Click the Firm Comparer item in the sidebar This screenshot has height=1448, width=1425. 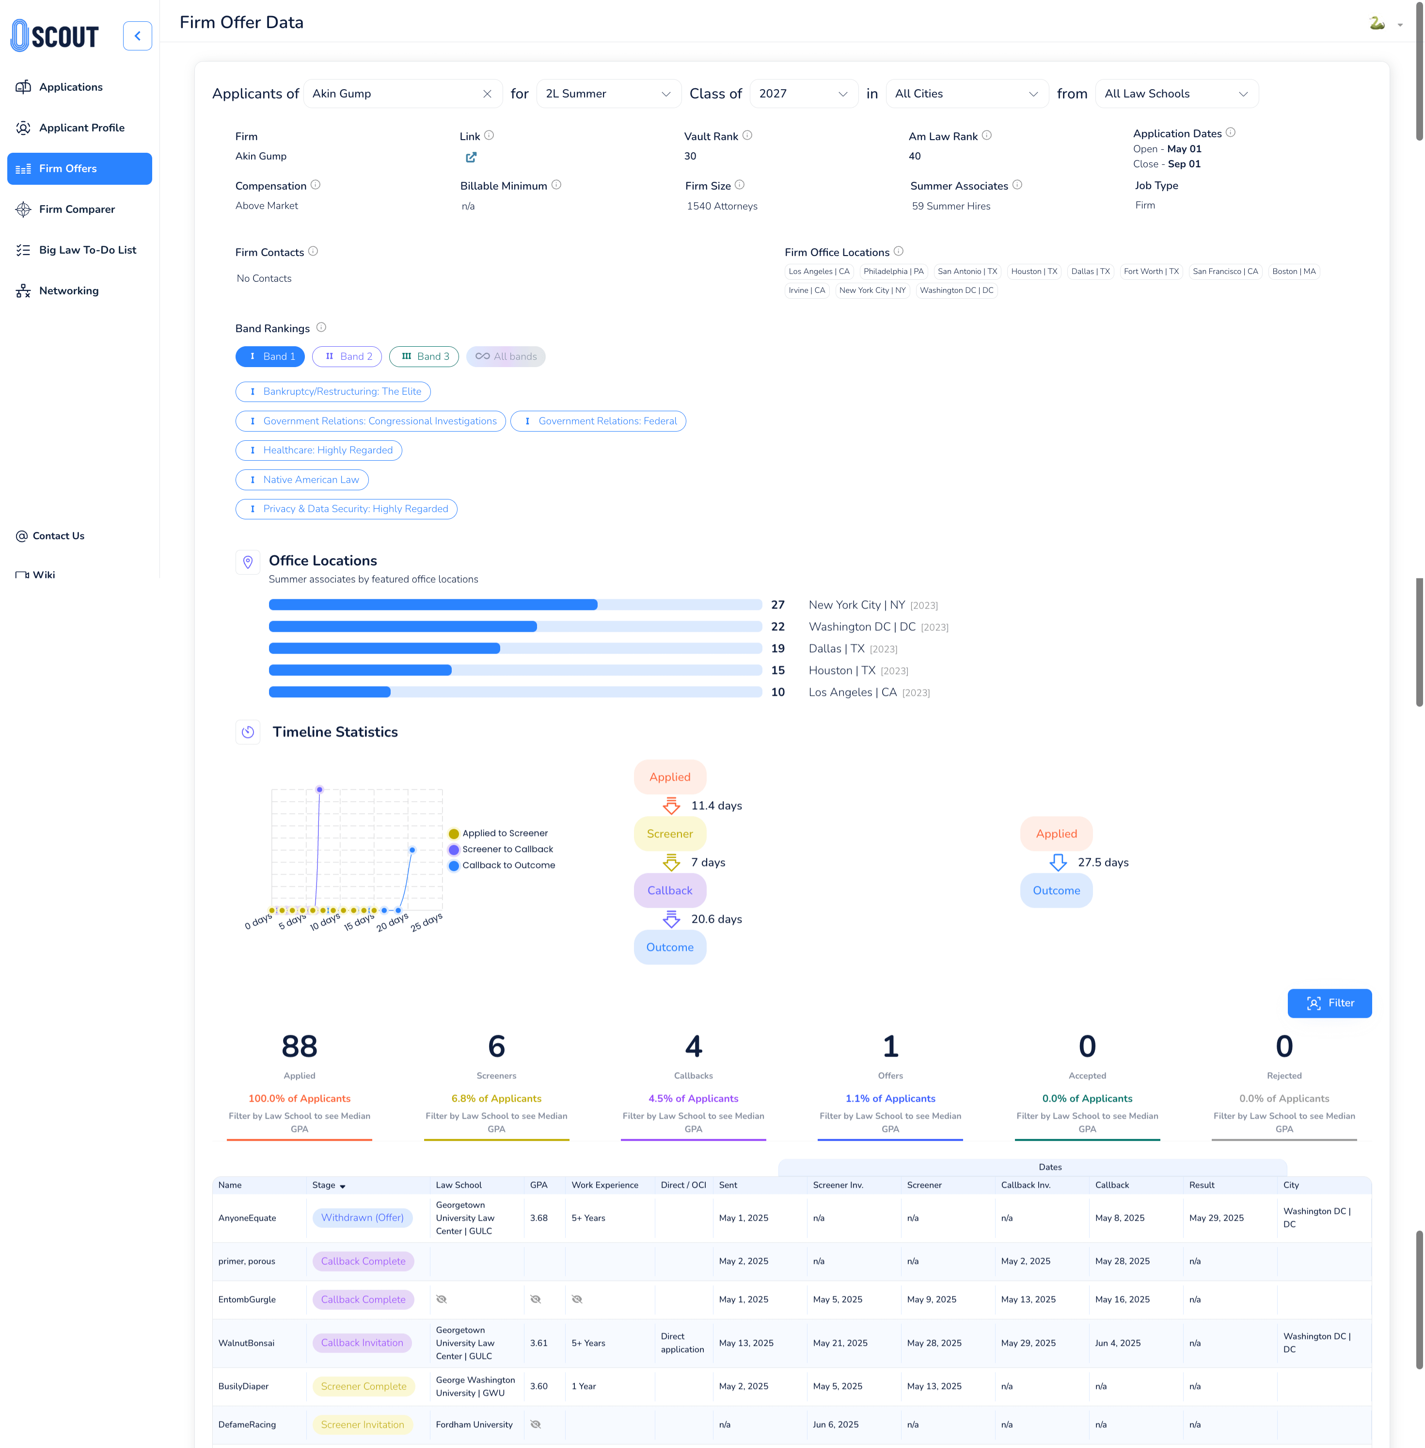[77, 209]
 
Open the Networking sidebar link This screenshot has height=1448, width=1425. [69, 290]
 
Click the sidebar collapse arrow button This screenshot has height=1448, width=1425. [138, 36]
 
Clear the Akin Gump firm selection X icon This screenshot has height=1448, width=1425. [487, 94]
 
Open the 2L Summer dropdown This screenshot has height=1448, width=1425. [608, 94]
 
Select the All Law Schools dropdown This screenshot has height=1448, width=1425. [1176, 94]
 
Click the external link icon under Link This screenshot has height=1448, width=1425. [471, 157]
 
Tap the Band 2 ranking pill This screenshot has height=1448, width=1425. [347, 356]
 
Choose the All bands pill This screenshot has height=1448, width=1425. [506, 356]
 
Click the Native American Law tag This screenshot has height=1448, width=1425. [302, 480]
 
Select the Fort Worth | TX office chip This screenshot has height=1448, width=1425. [1151, 271]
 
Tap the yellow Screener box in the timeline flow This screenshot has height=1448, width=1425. [670, 834]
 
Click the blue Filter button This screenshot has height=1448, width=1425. [1329, 1003]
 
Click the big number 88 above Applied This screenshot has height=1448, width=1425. [300, 1046]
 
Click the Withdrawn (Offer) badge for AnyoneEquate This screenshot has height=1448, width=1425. [362, 1218]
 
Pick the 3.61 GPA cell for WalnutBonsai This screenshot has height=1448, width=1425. [539, 1343]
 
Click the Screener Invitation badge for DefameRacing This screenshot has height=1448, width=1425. [362, 1425]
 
